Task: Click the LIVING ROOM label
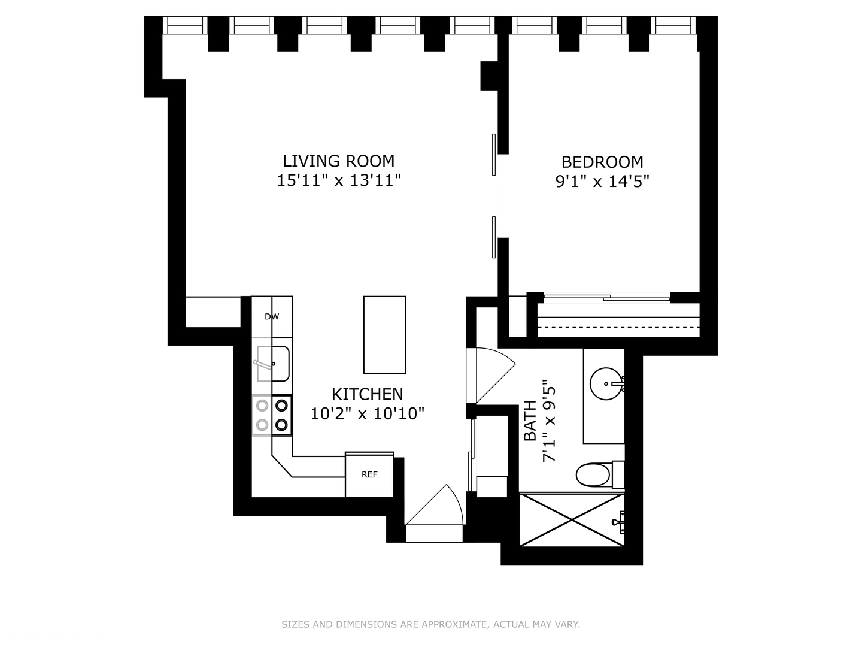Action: (338, 161)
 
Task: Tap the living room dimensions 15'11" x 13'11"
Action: (338, 180)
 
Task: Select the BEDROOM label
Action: (602, 162)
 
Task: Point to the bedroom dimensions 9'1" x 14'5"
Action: (602, 181)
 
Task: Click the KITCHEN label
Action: (367, 394)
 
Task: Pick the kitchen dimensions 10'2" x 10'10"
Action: (367, 413)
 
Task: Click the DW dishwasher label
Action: (272, 316)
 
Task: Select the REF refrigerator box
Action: (369, 474)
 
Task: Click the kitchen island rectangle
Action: (384, 335)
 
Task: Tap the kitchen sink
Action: (273, 364)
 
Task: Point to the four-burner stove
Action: (272, 415)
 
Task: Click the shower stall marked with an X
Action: (572, 519)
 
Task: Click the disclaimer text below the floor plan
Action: (430, 624)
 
